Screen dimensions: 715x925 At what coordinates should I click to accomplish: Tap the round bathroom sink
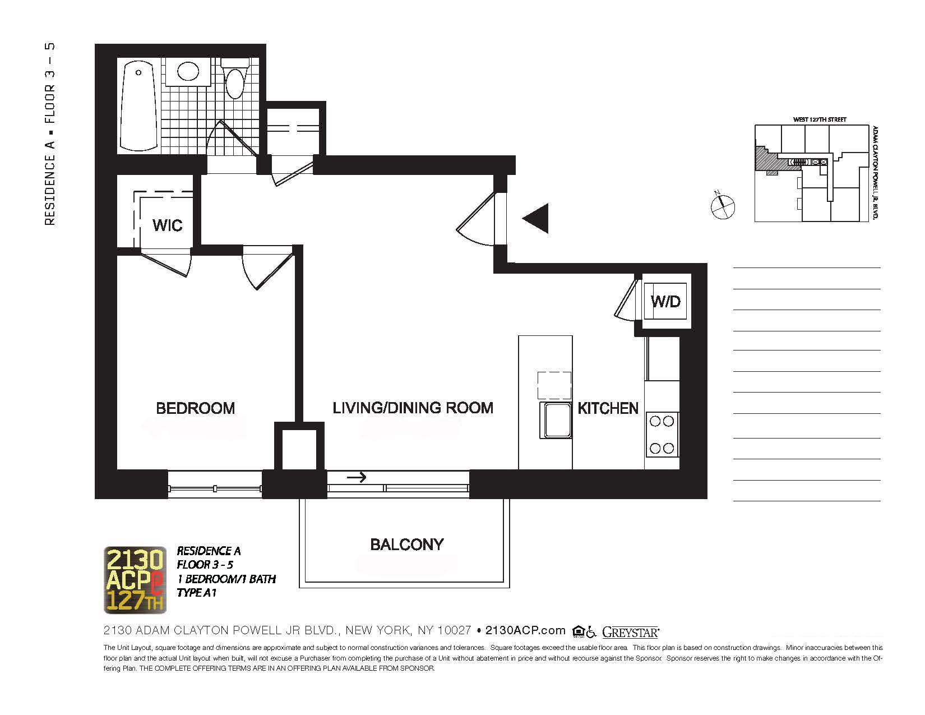tap(189, 71)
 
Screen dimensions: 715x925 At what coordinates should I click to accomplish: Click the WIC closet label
tap(167, 225)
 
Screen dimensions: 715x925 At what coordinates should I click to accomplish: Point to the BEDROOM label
tap(195, 408)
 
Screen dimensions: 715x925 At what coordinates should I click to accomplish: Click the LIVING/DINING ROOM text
tap(413, 408)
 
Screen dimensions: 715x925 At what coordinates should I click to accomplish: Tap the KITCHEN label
tap(608, 408)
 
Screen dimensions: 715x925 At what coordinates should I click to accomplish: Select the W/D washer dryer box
tap(665, 301)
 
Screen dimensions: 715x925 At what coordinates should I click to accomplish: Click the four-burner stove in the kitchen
tap(662, 435)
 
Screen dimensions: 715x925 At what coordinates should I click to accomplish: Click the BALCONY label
tap(406, 544)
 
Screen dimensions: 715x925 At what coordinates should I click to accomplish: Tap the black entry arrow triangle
tap(536, 218)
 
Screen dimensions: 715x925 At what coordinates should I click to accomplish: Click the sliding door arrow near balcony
tap(357, 478)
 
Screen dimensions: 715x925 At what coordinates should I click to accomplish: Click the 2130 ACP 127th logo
tap(135, 580)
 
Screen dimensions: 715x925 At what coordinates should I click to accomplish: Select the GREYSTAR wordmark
tap(630, 632)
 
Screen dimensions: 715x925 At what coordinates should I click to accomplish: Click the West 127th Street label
tap(819, 119)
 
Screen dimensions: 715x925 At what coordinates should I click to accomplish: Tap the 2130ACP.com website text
tap(525, 630)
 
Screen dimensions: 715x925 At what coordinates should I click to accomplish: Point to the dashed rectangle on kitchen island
tap(554, 385)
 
